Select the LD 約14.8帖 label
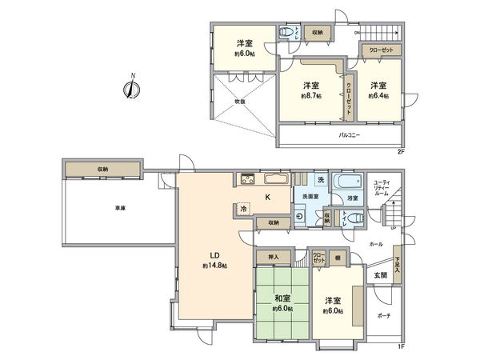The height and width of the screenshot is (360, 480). [215, 261]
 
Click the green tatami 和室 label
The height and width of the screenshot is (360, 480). [281, 303]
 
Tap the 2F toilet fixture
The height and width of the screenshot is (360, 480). [286, 33]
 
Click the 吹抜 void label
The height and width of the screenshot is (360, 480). [239, 102]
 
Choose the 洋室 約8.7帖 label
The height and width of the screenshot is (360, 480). [312, 90]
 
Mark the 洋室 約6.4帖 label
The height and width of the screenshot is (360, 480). [378, 90]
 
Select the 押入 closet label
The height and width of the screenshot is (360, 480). [274, 258]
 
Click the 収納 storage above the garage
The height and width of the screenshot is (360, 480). [104, 169]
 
